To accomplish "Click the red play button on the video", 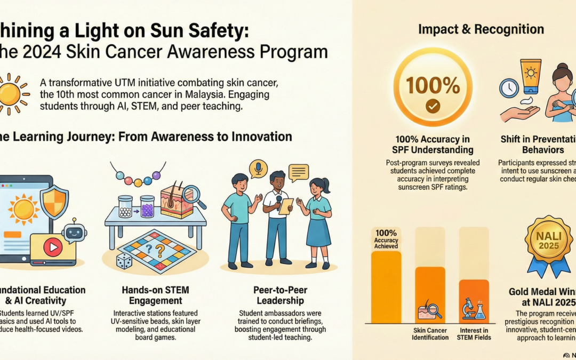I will [x=52, y=247].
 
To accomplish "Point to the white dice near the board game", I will [x=124, y=260].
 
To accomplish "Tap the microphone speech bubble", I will [x=259, y=169].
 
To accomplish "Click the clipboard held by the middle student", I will [x=286, y=205].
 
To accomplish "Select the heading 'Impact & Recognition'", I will [x=481, y=29].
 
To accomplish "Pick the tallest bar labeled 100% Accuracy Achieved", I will [x=386, y=286].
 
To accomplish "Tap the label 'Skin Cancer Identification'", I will [x=430, y=334].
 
